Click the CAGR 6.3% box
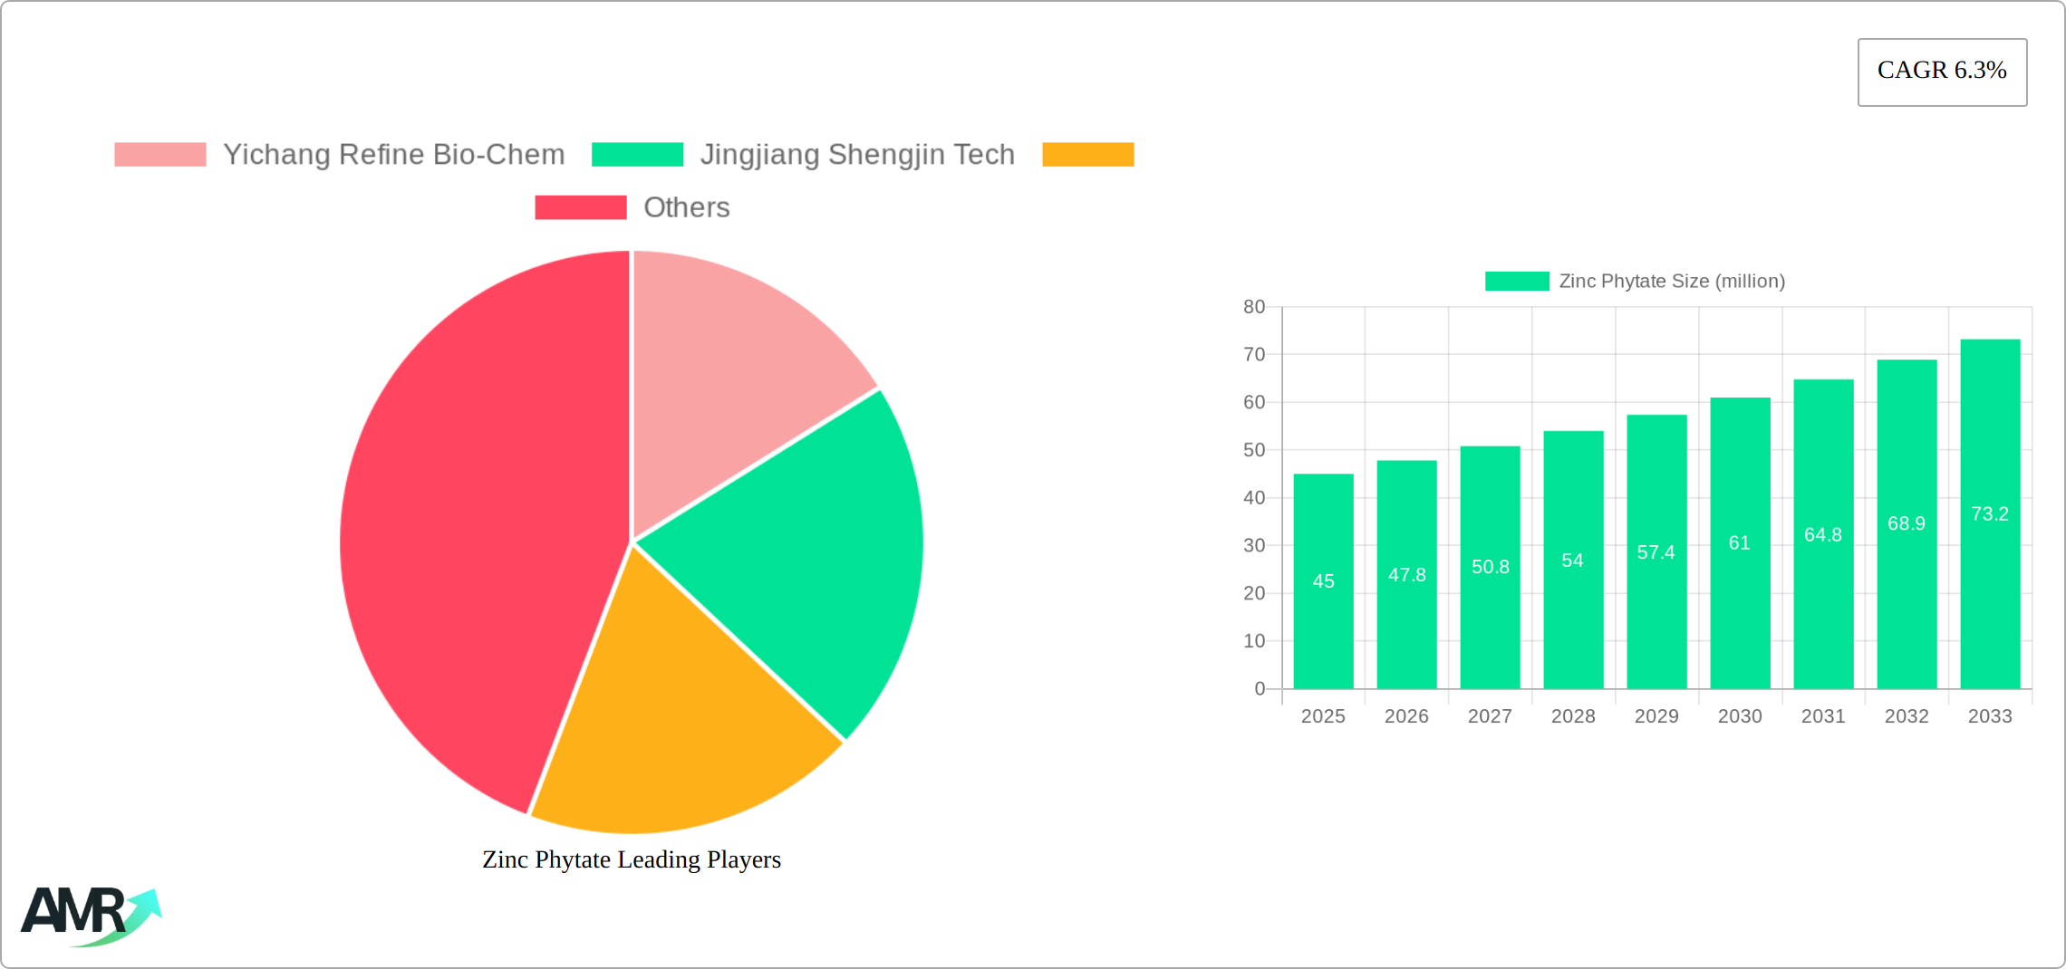1942,72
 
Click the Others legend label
686,207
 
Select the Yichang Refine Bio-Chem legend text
393,155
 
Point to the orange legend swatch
1087,155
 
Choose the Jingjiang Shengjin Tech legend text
856,155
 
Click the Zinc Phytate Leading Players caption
632,859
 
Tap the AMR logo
91,915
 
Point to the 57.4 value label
1656,552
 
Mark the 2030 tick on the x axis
1740,716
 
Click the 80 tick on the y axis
1254,307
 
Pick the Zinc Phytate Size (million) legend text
1671,282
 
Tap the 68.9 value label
1907,523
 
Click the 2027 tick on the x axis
1490,716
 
